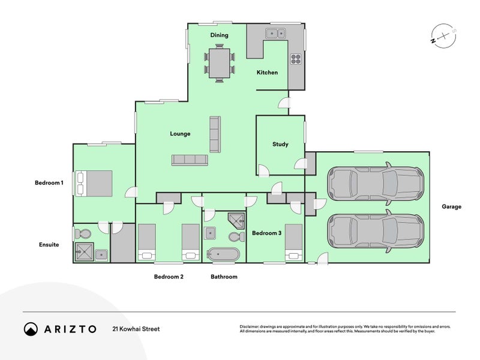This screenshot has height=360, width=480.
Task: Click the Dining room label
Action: [219, 35]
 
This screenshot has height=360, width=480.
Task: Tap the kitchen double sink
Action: [275, 33]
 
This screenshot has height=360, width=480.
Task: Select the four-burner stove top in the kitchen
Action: [296, 59]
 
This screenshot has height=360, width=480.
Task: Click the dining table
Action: [220, 64]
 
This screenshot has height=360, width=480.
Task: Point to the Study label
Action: [280, 144]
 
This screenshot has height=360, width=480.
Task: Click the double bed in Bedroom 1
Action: [94, 184]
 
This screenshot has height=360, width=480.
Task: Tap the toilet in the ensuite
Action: [82, 234]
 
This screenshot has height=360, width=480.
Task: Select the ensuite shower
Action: [84, 252]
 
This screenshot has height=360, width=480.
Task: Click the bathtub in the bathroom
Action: [223, 254]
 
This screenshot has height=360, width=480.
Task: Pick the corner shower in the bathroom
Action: [237, 221]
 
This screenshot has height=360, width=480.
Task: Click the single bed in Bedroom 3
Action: [293, 242]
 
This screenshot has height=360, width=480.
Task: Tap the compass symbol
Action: [443, 36]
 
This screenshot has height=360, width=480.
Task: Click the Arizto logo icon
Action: [31, 329]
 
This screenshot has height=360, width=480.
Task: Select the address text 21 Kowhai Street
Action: [136, 329]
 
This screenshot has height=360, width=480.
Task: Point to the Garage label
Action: [451, 206]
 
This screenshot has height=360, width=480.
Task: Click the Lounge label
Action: [180, 134]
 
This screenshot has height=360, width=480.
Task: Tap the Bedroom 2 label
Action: [169, 277]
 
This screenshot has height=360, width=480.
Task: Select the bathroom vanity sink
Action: [211, 233]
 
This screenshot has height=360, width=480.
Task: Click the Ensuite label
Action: [49, 245]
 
